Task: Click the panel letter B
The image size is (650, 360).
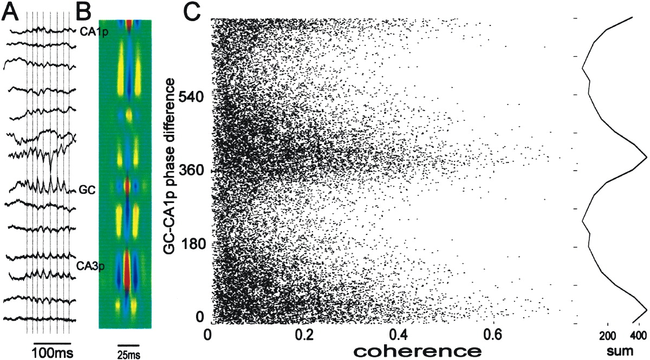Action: (x=84, y=12)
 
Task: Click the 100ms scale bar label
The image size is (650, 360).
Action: (x=52, y=352)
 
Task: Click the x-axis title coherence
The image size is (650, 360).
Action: (x=416, y=350)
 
